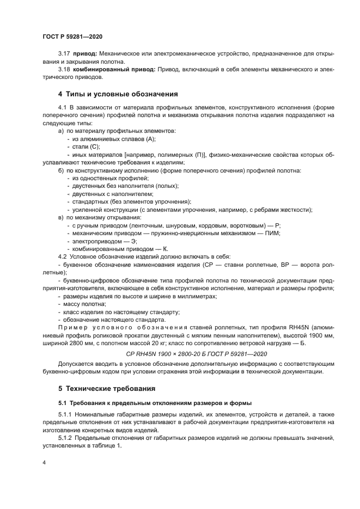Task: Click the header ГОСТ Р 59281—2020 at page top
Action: [72, 36]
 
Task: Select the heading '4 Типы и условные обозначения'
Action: [118, 94]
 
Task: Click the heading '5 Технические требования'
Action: [107, 389]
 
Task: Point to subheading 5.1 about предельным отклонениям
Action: [155, 403]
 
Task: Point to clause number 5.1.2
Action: [66, 437]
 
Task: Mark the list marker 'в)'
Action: [60, 217]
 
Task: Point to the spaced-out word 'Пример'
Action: [72, 328]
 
